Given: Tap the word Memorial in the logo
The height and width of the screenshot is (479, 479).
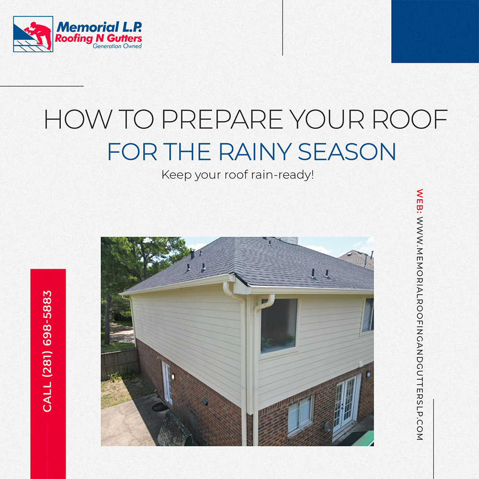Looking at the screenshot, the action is tap(87, 27).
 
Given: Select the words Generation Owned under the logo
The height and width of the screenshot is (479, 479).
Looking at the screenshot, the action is tap(117, 46).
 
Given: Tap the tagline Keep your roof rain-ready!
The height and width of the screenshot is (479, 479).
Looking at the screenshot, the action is tap(238, 175).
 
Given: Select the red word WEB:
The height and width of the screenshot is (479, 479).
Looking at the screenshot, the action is tap(420, 201).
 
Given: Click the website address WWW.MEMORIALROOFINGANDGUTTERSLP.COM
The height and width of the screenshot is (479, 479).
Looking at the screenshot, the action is tap(420, 329).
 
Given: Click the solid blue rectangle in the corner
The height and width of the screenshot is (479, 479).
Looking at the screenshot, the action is tap(435, 32).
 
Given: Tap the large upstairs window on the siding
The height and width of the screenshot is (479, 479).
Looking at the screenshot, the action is tap(279, 326).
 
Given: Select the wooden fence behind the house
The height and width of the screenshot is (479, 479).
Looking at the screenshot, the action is tap(120, 363).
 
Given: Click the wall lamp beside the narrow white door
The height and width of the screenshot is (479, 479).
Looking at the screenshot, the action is tap(173, 376).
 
